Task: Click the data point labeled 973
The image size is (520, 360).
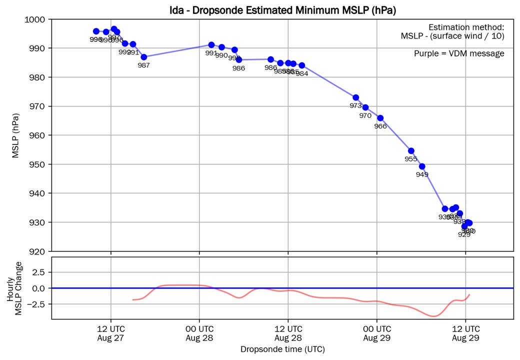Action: (355, 97)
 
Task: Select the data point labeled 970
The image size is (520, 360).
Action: (365, 107)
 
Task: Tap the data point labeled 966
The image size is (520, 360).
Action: (380, 118)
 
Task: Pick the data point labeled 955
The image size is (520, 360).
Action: (411, 150)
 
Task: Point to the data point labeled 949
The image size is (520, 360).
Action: (422, 166)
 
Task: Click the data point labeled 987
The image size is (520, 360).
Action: (144, 57)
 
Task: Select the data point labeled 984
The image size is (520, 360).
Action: (302, 65)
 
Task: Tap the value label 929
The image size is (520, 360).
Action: (464, 234)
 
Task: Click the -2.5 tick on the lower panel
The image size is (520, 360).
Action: (39, 303)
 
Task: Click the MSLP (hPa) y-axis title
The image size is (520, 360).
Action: (16, 135)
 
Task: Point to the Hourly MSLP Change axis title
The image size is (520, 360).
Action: (14, 289)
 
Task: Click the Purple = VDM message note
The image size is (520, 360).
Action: (459, 53)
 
